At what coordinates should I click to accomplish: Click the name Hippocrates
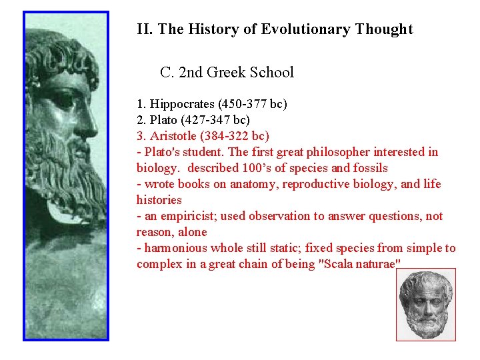(181, 104)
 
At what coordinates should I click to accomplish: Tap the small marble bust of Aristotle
(426, 305)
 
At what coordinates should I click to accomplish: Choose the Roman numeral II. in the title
(144, 29)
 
